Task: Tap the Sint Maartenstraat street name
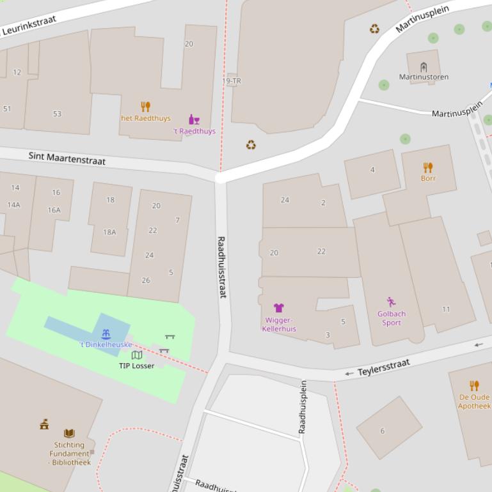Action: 67,158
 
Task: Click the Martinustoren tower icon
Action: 424,66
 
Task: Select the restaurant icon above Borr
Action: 428,167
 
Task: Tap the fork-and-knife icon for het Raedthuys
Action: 146,107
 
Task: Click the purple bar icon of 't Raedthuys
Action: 194,119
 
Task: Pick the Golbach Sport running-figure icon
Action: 391,302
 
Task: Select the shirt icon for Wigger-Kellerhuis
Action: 278,308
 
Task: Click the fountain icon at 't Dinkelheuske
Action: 106,334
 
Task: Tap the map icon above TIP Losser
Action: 136,355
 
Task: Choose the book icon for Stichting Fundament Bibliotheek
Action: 69,433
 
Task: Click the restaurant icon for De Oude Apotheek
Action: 474,385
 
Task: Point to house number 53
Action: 57,114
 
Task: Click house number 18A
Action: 109,232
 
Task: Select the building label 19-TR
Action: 232,81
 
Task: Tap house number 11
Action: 446,309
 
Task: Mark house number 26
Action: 146,280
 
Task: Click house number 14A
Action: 13,204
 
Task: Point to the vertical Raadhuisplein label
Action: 303,407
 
